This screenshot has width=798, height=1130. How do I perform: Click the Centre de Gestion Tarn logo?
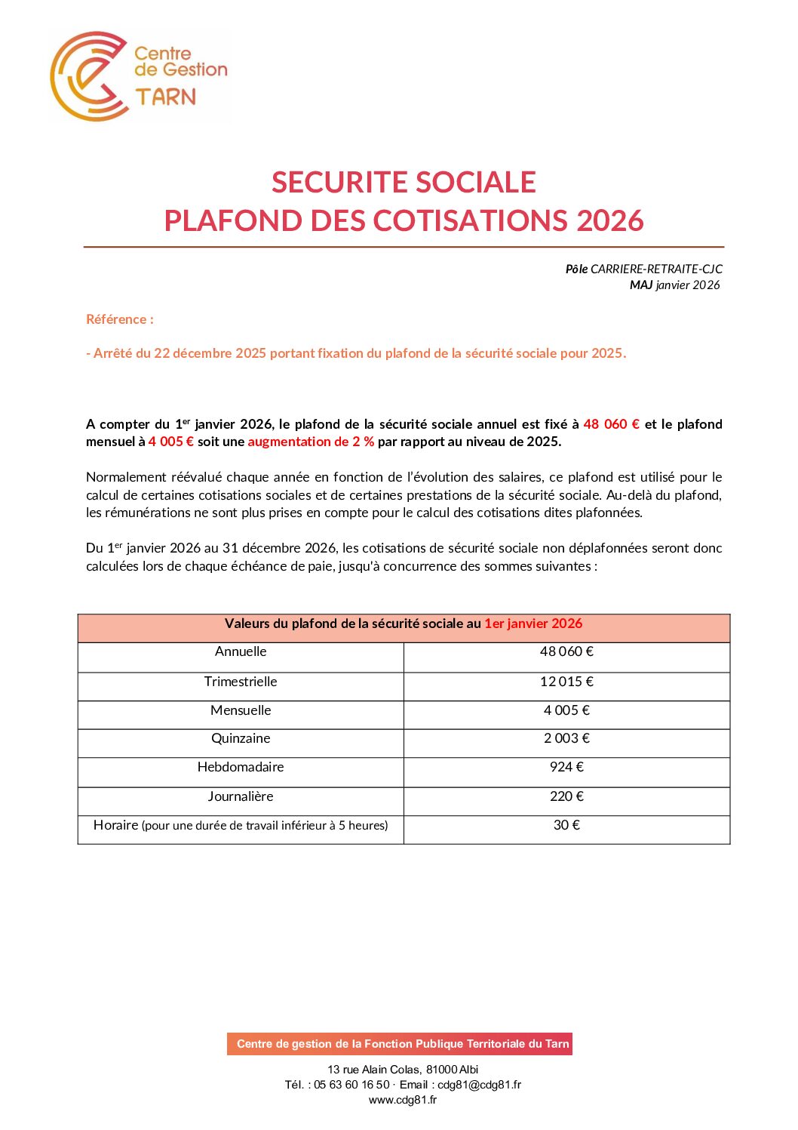(x=139, y=75)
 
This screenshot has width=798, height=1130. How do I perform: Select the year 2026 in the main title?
(x=609, y=220)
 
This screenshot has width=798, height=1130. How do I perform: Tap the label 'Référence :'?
(x=120, y=319)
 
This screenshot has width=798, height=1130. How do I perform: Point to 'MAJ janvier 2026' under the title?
(x=674, y=285)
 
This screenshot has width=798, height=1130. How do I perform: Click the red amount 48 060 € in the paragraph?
(x=611, y=424)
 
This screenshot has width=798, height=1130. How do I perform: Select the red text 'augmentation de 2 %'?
(x=311, y=442)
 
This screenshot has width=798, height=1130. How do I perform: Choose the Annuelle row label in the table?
(x=241, y=651)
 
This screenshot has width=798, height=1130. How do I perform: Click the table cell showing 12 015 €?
(x=566, y=682)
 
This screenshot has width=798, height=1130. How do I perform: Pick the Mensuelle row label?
(x=241, y=710)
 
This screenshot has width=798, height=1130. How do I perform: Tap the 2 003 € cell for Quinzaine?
(x=566, y=738)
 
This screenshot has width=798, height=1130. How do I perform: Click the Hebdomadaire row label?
(x=241, y=767)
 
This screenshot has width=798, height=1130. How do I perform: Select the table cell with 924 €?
(x=566, y=767)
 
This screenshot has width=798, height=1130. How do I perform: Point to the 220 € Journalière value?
(x=566, y=796)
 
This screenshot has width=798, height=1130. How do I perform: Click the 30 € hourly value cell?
(x=566, y=825)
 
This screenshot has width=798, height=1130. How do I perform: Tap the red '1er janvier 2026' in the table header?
(x=533, y=624)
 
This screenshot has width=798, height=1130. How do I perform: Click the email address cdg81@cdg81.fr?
(x=479, y=1085)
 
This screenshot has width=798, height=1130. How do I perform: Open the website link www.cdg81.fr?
(x=403, y=1100)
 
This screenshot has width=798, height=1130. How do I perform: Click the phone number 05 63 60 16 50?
(x=351, y=1085)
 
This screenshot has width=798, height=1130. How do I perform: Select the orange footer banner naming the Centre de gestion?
(x=400, y=1044)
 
